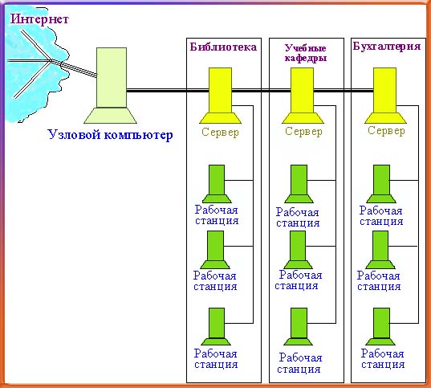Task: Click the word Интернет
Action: pos(39,19)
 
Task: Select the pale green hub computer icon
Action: pos(111,85)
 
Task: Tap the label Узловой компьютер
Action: pos(110,135)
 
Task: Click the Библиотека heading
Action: pos(223,47)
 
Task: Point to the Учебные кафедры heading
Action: pos(306,53)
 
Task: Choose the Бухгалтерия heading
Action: pos(387,46)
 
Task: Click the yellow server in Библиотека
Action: pos(220,96)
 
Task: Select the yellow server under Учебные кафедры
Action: pos(303,96)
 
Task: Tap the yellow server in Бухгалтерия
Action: pos(385,96)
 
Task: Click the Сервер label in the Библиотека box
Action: pos(220,133)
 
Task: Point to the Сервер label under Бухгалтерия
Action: pos(386,131)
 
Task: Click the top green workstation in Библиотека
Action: pos(217,184)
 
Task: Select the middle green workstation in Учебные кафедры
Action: pos(298,250)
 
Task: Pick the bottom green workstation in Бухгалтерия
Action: pos(380,326)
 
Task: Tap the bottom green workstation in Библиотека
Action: pos(217,326)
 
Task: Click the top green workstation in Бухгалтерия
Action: pos(381,184)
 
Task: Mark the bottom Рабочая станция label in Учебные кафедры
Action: pos(299,363)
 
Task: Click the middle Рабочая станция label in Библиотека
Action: pos(215,280)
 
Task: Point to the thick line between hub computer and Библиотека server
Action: pos(168,91)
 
